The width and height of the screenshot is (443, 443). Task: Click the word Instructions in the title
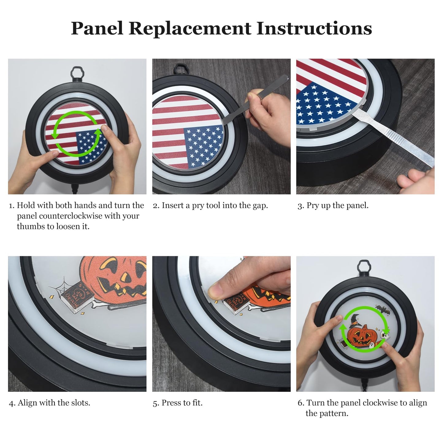[314, 29]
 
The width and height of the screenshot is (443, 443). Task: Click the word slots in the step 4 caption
[81, 403]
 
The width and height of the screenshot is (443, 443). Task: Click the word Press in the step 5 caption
[171, 403]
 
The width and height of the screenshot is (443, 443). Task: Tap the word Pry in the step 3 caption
[312, 205]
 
